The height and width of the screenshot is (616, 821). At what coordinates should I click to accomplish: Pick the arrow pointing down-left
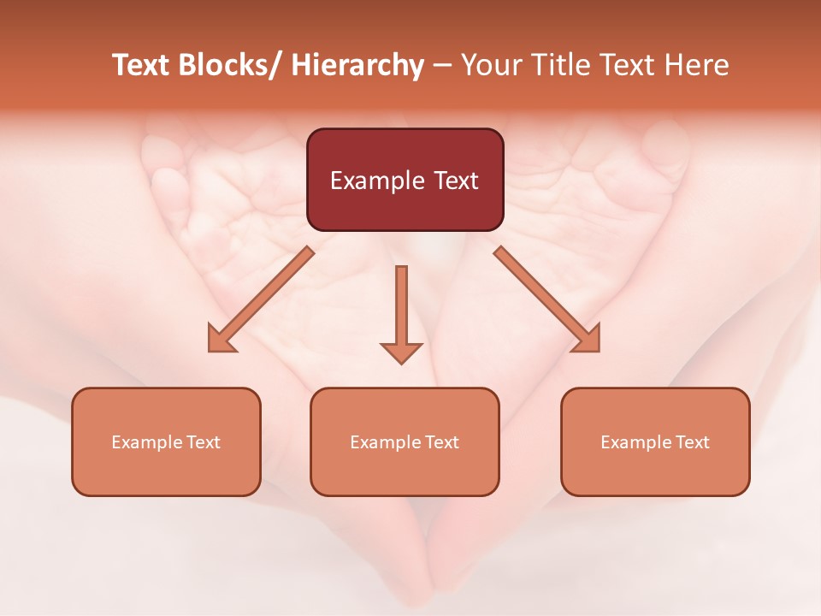coord(261,299)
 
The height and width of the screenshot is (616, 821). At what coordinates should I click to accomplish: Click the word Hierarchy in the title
coord(357,65)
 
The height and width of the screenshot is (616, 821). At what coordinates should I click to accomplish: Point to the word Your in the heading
coord(491,65)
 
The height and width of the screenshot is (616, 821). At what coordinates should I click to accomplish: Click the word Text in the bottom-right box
coord(692,442)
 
